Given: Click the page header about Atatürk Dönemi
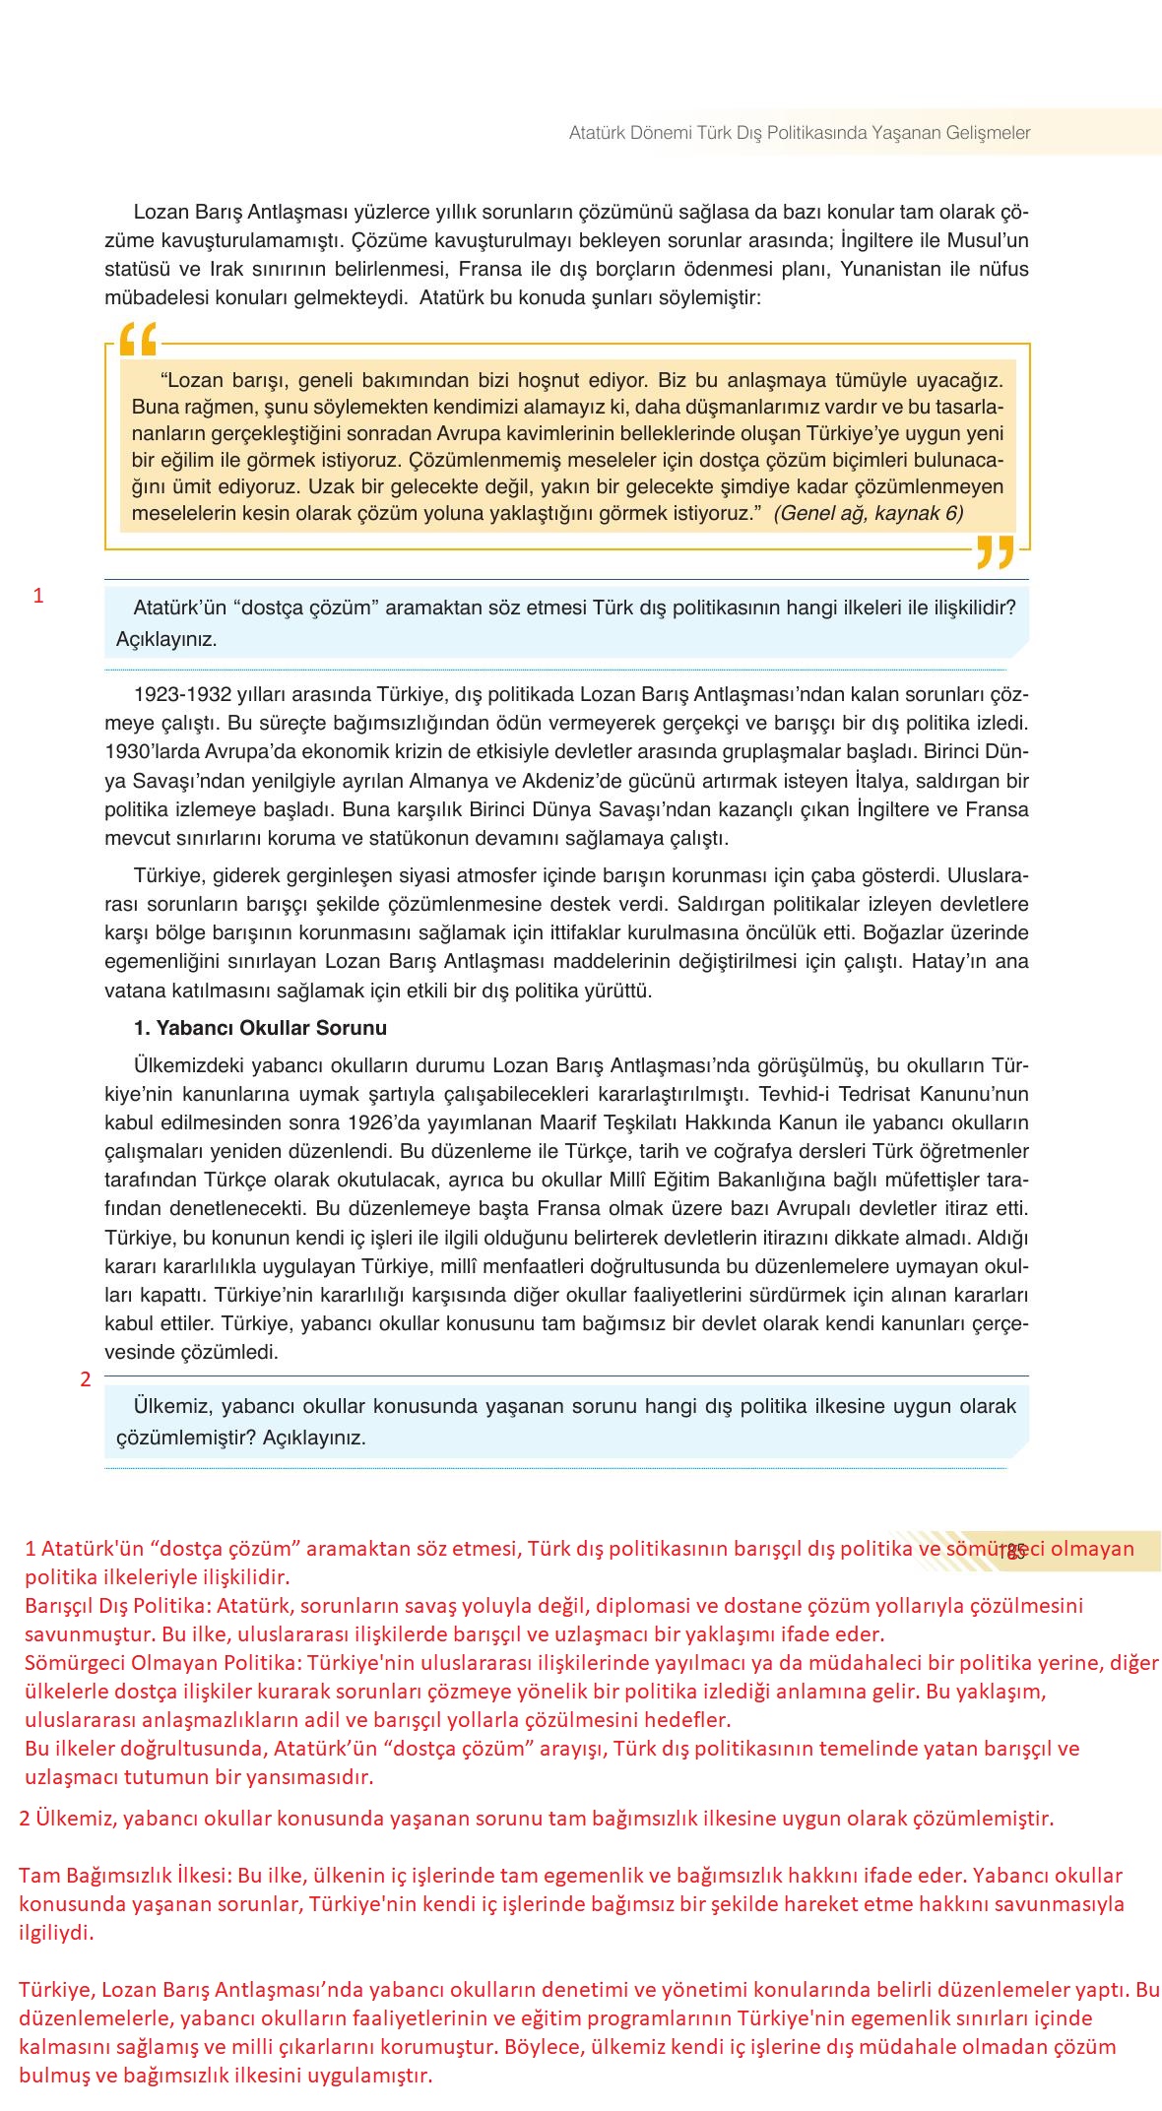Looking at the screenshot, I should (x=799, y=133).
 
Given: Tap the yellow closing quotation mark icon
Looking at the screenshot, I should (x=995, y=552).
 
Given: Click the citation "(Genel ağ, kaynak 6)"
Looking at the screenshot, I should (x=869, y=513).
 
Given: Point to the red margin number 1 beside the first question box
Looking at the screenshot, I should (x=38, y=596).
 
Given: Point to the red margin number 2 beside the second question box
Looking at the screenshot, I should (x=86, y=1379).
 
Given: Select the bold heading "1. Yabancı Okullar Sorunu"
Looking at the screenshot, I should (x=260, y=1028).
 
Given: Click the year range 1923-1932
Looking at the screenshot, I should (x=175, y=695).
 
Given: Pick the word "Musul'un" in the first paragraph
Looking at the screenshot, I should (x=988, y=240).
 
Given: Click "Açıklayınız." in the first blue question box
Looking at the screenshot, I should (x=166, y=639).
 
